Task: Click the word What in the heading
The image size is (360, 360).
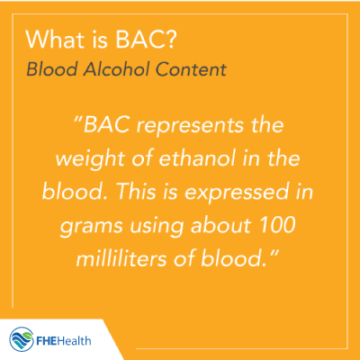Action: click(x=55, y=40)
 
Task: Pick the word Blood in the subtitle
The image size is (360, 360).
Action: click(x=52, y=69)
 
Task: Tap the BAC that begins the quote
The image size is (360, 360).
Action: click(x=106, y=125)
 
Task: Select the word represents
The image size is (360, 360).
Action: click(x=190, y=126)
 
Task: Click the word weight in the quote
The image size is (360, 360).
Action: click(x=90, y=159)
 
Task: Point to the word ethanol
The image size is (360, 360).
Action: click(x=197, y=158)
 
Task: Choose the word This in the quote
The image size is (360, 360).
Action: click(x=136, y=192)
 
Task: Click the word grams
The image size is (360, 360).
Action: click(x=92, y=227)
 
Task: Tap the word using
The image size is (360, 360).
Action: click(x=157, y=226)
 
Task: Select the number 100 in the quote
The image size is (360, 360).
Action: click(x=277, y=225)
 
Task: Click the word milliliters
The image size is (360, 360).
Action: click(x=121, y=258)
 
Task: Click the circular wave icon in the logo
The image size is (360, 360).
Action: click(x=22, y=339)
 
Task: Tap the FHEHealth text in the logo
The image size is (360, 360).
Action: click(x=64, y=341)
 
